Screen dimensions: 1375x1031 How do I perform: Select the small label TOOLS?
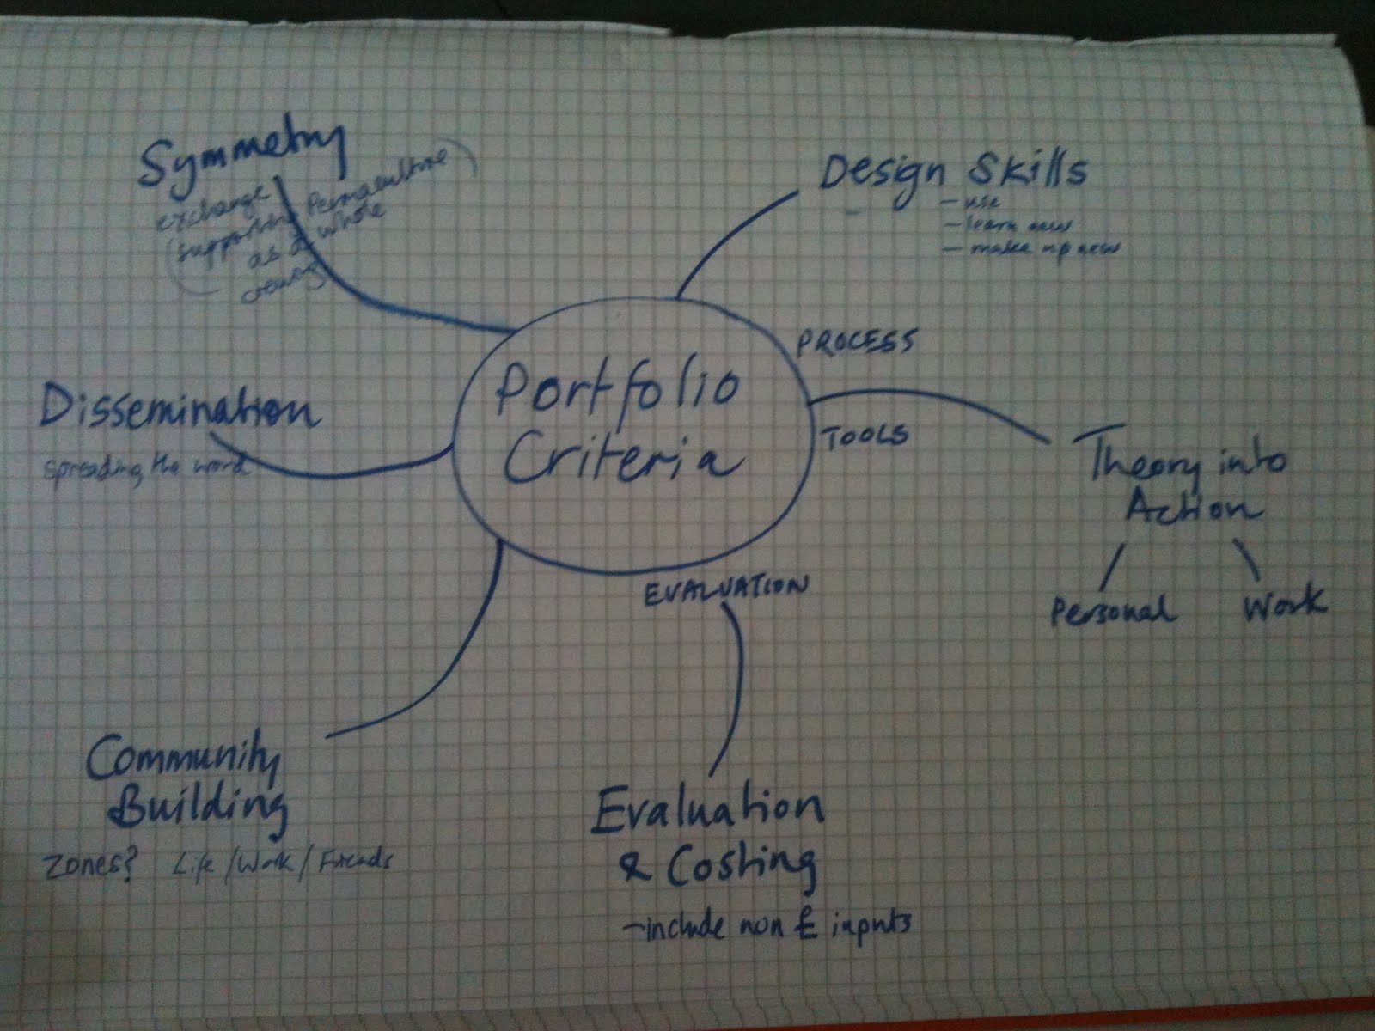[x=866, y=436]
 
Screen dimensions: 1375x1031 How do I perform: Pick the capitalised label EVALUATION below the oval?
[x=726, y=589]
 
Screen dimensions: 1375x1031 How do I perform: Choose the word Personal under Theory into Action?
[x=1113, y=611]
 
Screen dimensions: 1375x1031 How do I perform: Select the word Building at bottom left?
[x=202, y=807]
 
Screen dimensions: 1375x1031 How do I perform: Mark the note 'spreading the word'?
[x=143, y=469]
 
